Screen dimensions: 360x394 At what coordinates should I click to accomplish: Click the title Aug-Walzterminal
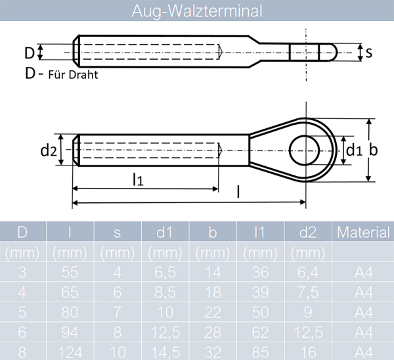[196, 11]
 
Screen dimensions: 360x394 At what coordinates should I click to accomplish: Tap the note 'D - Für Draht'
[61, 74]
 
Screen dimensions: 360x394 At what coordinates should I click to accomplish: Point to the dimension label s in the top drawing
[369, 53]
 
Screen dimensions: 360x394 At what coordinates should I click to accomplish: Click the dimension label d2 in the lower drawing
[48, 151]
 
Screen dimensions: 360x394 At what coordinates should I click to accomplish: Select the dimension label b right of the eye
[373, 150]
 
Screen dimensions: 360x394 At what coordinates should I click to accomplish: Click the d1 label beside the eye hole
[354, 150]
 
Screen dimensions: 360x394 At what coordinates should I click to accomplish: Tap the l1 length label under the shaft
[138, 179]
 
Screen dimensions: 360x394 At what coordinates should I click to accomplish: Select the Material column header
[364, 232]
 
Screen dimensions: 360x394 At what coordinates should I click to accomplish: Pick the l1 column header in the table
[261, 232]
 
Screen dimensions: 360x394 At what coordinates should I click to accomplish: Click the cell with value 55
[70, 271]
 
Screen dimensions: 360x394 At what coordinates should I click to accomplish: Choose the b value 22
[213, 311]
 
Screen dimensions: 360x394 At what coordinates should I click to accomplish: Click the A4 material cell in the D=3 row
[364, 271]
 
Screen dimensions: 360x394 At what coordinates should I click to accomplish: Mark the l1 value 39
[261, 291]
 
